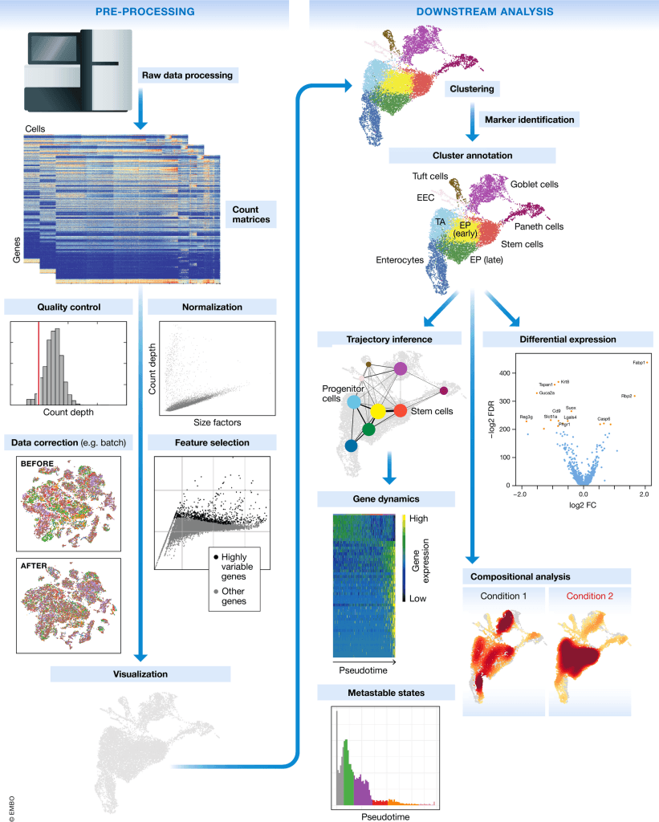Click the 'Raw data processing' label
click(187, 75)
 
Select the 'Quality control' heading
click(63, 307)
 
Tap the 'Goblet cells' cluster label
click(534, 185)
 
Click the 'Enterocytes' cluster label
click(399, 260)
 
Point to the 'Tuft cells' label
click(430, 177)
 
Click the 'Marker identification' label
click(528, 120)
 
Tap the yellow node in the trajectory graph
click(376, 410)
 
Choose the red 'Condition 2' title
click(590, 596)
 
